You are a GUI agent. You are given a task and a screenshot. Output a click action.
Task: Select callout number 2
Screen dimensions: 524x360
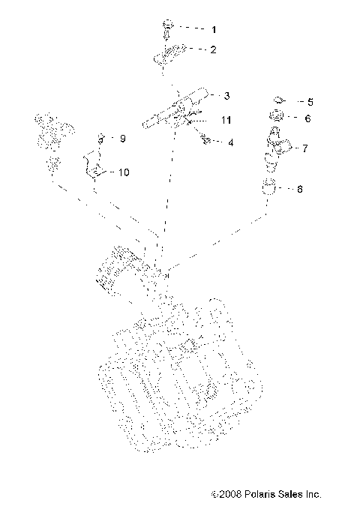click(x=213, y=50)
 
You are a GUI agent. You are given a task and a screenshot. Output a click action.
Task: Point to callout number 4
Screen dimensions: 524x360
click(x=231, y=142)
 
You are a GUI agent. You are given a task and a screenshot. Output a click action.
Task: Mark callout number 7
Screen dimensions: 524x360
click(x=304, y=148)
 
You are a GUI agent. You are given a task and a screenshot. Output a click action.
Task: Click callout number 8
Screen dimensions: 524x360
click(x=300, y=190)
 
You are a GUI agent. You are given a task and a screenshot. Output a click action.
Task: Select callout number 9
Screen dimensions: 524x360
click(x=123, y=138)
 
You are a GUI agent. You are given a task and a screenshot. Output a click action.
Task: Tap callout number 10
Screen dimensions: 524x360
click(x=123, y=172)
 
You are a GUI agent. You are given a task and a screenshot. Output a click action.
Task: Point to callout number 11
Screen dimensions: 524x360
click(x=226, y=119)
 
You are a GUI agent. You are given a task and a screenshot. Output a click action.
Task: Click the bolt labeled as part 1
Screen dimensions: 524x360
click(x=165, y=29)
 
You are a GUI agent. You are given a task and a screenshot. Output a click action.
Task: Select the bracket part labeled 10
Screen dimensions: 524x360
click(x=93, y=164)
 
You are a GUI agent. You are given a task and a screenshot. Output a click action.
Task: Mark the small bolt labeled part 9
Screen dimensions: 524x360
click(x=99, y=139)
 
